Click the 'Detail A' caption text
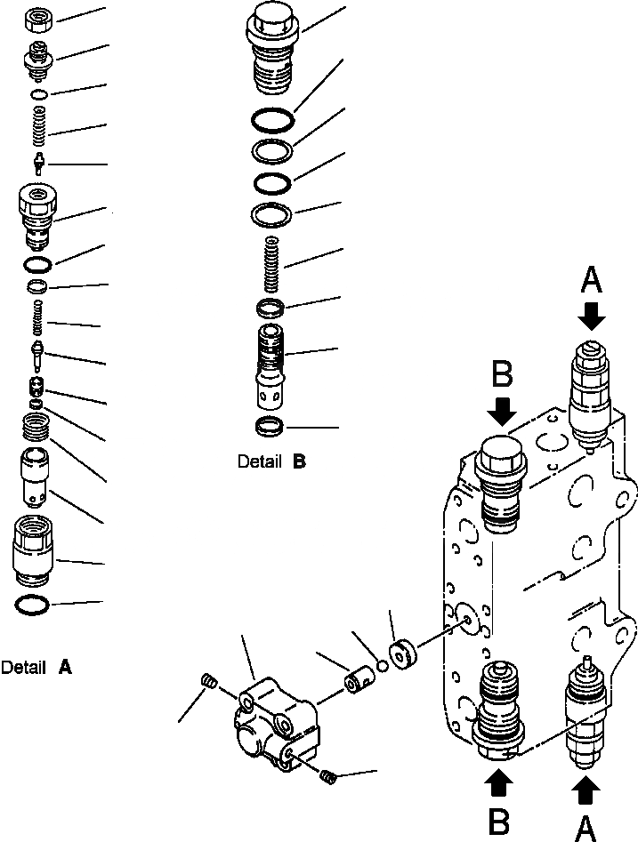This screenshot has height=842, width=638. pyautogui.click(x=36, y=667)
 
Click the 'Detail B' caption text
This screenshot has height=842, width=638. pyautogui.click(x=271, y=461)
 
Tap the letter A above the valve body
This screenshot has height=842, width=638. pyautogui.click(x=591, y=283)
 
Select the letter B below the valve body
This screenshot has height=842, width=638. pyautogui.click(x=500, y=816)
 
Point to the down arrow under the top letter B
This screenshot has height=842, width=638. pyautogui.click(x=502, y=411)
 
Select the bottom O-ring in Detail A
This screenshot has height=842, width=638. pyautogui.click(x=33, y=605)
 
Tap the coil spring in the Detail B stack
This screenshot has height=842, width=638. pyautogui.click(x=271, y=263)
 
